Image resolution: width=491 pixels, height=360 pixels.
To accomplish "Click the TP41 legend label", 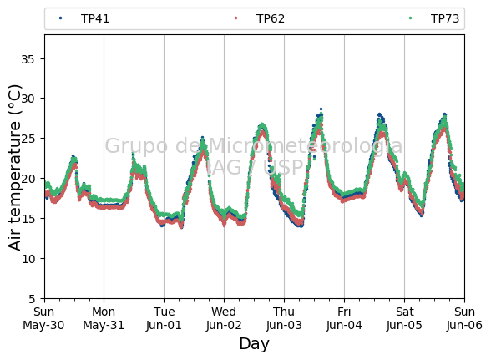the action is [x=95, y=19].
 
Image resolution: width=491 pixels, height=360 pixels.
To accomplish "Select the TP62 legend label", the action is [x=271, y=19].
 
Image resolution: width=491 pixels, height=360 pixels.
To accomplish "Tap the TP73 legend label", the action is [x=445, y=19].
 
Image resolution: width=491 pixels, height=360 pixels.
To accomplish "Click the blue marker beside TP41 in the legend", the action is [x=61, y=18].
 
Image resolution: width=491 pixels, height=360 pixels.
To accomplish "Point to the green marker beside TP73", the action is [x=411, y=18].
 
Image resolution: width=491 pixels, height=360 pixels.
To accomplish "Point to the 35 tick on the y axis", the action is [x=28, y=59].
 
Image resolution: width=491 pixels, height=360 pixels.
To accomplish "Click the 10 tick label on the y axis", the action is [x=28, y=259].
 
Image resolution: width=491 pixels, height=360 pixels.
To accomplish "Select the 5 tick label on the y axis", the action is [x=32, y=299].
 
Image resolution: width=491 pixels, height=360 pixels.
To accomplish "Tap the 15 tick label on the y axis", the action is [x=28, y=219].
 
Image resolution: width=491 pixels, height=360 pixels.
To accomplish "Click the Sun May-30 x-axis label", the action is [x=43, y=318].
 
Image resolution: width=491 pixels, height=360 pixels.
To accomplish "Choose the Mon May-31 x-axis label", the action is [x=104, y=318].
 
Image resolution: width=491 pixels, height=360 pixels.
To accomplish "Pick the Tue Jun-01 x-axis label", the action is [x=164, y=318].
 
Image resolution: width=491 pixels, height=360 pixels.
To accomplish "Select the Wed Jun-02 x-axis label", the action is [x=224, y=318].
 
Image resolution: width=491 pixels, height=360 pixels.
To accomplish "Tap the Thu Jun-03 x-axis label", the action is [x=284, y=318].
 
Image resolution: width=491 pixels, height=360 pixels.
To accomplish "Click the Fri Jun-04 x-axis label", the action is [x=344, y=318].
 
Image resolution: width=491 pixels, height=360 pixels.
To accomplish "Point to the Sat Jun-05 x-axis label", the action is [x=404, y=318].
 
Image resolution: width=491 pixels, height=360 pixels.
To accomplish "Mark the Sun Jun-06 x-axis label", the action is [x=464, y=318].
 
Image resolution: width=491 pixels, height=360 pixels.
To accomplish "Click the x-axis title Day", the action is [x=254, y=344].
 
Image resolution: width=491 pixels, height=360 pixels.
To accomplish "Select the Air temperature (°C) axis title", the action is [x=15, y=168].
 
